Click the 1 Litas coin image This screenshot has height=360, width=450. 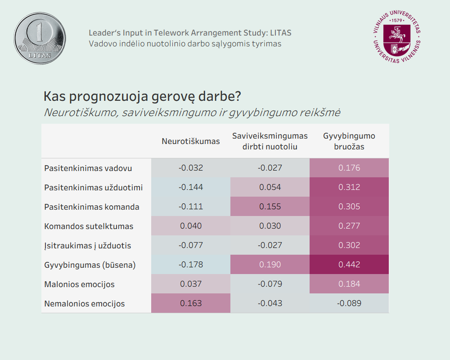pyautogui.click(x=40, y=38)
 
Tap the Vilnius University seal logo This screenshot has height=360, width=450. pyautogui.click(x=396, y=38)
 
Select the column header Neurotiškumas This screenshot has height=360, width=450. pyautogui.click(x=191, y=141)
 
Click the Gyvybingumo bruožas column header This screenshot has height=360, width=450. pyautogui.click(x=349, y=141)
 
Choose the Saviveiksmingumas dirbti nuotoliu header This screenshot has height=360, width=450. pyautogui.click(x=270, y=141)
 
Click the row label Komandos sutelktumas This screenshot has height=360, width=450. pyautogui.click(x=89, y=226)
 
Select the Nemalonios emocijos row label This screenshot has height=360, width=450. pyautogui.click(x=85, y=304)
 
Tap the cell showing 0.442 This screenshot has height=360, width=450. pyautogui.click(x=349, y=265)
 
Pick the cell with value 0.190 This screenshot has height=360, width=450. pyautogui.click(x=270, y=265)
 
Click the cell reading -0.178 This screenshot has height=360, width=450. pyautogui.click(x=191, y=265)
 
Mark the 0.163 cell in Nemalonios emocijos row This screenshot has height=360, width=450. pyautogui.click(x=191, y=303)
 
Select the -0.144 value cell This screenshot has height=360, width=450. pyautogui.click(x=191, y=187)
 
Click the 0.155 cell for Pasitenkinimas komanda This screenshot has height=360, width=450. pyautogui.click(x=270, y=207)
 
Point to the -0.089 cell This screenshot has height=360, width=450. pyautogui.click(x=349, y=303)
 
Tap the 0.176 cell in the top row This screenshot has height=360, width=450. pyautogui.click(x=349, y=168)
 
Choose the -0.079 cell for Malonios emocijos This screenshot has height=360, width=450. pyautogui.click(x=270, y=284)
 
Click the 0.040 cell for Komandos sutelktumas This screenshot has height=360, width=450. pyautogui.click(x=191, y=226)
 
